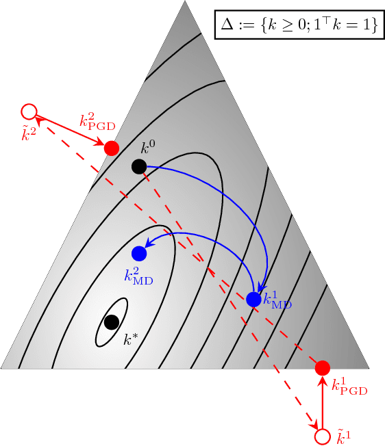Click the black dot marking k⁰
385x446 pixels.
click(138, 166)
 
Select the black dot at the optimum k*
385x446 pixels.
click(112, 322)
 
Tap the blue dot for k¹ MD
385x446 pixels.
click(253, 299)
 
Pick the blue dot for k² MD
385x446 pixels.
click(139, 253)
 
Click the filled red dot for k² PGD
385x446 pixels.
click(111, 147)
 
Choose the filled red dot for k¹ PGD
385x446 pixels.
click(323, 367)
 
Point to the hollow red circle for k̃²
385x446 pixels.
click(29, 111)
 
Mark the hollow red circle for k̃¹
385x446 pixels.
click(321, 436)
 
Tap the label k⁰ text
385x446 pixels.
click(149, 147)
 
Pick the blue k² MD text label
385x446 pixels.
click(139, 275)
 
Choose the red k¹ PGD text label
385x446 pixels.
click(349, 387)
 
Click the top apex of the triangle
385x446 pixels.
click(185, 2)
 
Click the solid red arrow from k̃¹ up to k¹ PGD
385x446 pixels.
click(322, 404)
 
